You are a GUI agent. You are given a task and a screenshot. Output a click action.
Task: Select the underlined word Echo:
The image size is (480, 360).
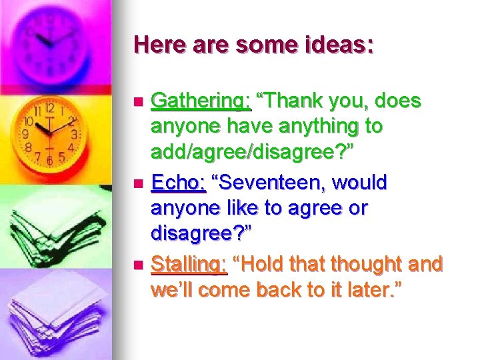(179, 183)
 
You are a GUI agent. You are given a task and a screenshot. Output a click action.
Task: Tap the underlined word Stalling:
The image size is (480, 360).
(189, 265)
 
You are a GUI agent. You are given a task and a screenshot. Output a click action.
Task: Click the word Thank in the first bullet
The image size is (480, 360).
(287, 101)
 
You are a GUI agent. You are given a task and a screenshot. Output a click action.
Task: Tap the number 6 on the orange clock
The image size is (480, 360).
(49, 160)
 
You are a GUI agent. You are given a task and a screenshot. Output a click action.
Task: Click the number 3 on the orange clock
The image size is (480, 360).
(75, 133)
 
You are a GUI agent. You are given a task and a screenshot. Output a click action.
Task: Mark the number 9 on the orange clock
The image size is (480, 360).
(25, 133)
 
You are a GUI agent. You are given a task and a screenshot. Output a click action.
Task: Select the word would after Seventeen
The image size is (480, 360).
(361, 183)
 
